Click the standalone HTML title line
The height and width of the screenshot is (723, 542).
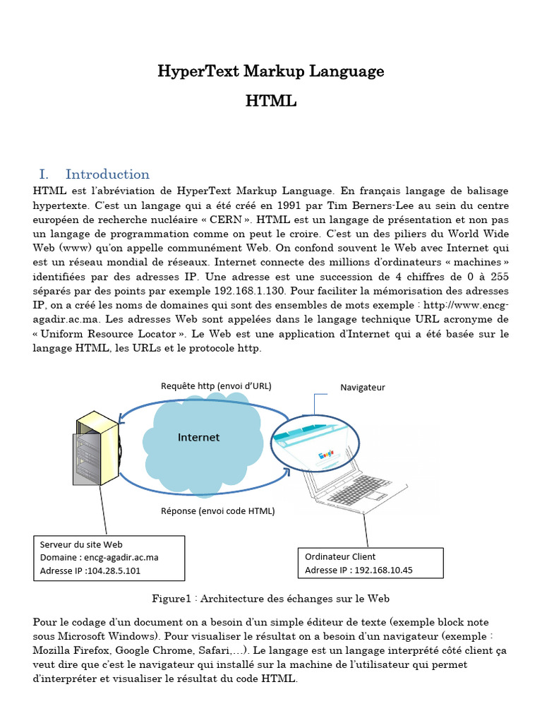pos(271,102)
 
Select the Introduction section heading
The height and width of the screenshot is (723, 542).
pos(107,174)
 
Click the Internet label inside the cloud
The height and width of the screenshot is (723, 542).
pos(198,438)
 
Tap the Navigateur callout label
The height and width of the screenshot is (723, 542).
pos(363,388)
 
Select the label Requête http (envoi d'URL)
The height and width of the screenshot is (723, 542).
pos(216,386)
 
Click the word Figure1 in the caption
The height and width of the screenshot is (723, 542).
pos(171,599)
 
